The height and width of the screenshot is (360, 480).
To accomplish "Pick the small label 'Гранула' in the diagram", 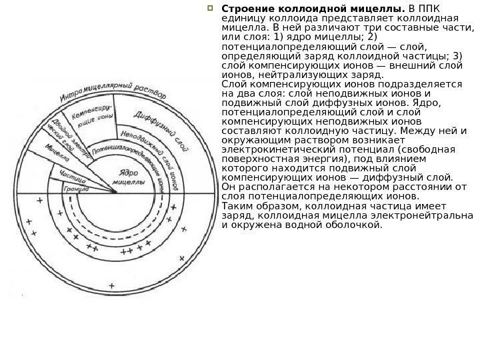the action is pos(75,189).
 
